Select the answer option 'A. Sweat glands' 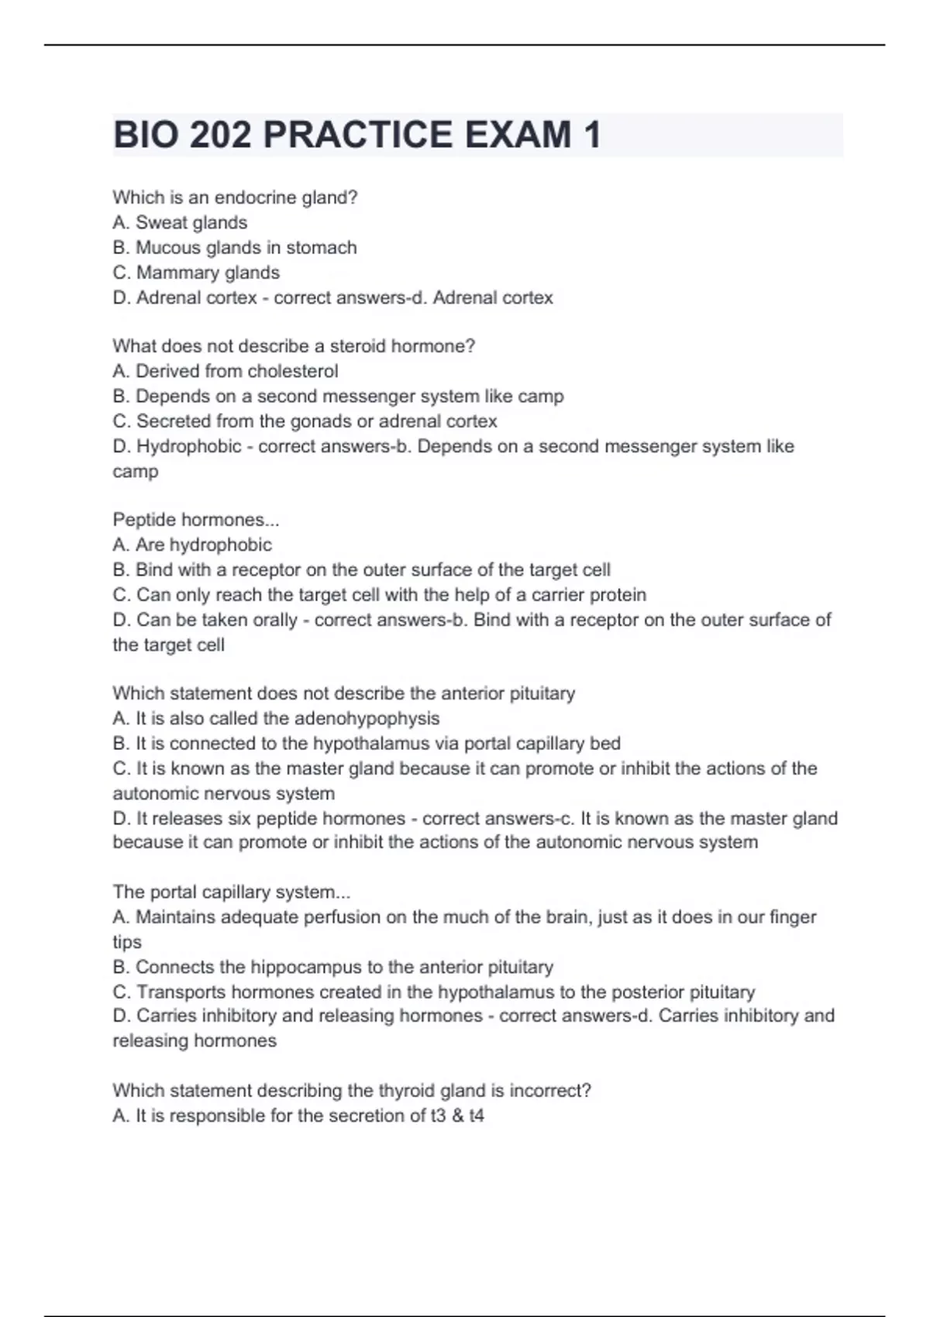pyautogui.click(x=180, y=222)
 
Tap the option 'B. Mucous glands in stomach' pyautogui.click(x=235, y=247)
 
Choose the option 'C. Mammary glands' pyautogui.click(x=196, y=273)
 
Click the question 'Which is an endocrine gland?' pyautogui.click(x=235, y=198)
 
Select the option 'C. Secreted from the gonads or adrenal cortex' pyautogui.click(x=305, y=421)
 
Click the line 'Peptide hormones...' pyautogui.click(x=195, y=519)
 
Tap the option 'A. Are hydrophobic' pyautogui.click(x=192, y=545)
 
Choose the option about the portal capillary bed pyautogui.click(x=367, y=744)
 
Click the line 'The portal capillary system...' pyautogui.click(x=231, y=892)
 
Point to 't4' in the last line pyautogui.click(x=476, y=1116)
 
